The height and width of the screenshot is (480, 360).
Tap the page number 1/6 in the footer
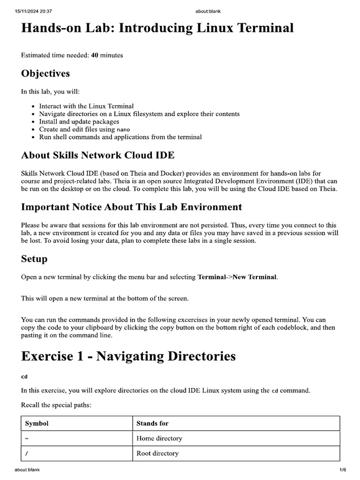coord(342,470)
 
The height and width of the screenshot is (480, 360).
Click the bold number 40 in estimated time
coord(94,55)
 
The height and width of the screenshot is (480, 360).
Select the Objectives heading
coord(45,74)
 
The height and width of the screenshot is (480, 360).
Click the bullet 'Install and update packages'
coord(79,121)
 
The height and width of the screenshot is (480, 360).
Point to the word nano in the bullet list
coord(123,129)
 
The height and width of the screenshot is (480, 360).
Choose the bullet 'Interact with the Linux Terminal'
coord(86,106)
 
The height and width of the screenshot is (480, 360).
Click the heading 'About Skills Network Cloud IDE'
coord(98,156)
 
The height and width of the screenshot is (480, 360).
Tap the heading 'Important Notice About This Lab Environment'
coord(131,207)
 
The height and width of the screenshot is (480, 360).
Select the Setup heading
coord(34,259)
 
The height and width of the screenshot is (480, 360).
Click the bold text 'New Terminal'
coord(258,277)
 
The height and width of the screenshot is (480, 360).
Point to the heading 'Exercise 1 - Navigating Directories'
coord(128,356)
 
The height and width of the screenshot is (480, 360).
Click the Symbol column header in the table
coord(37,423)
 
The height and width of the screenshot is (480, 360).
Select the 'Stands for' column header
coord(152,423)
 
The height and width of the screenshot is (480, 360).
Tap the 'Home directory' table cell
coord(159,438)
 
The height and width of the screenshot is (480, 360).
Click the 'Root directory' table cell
coord(157,453)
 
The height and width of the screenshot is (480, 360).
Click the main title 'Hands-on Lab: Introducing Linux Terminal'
coord(157,29)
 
